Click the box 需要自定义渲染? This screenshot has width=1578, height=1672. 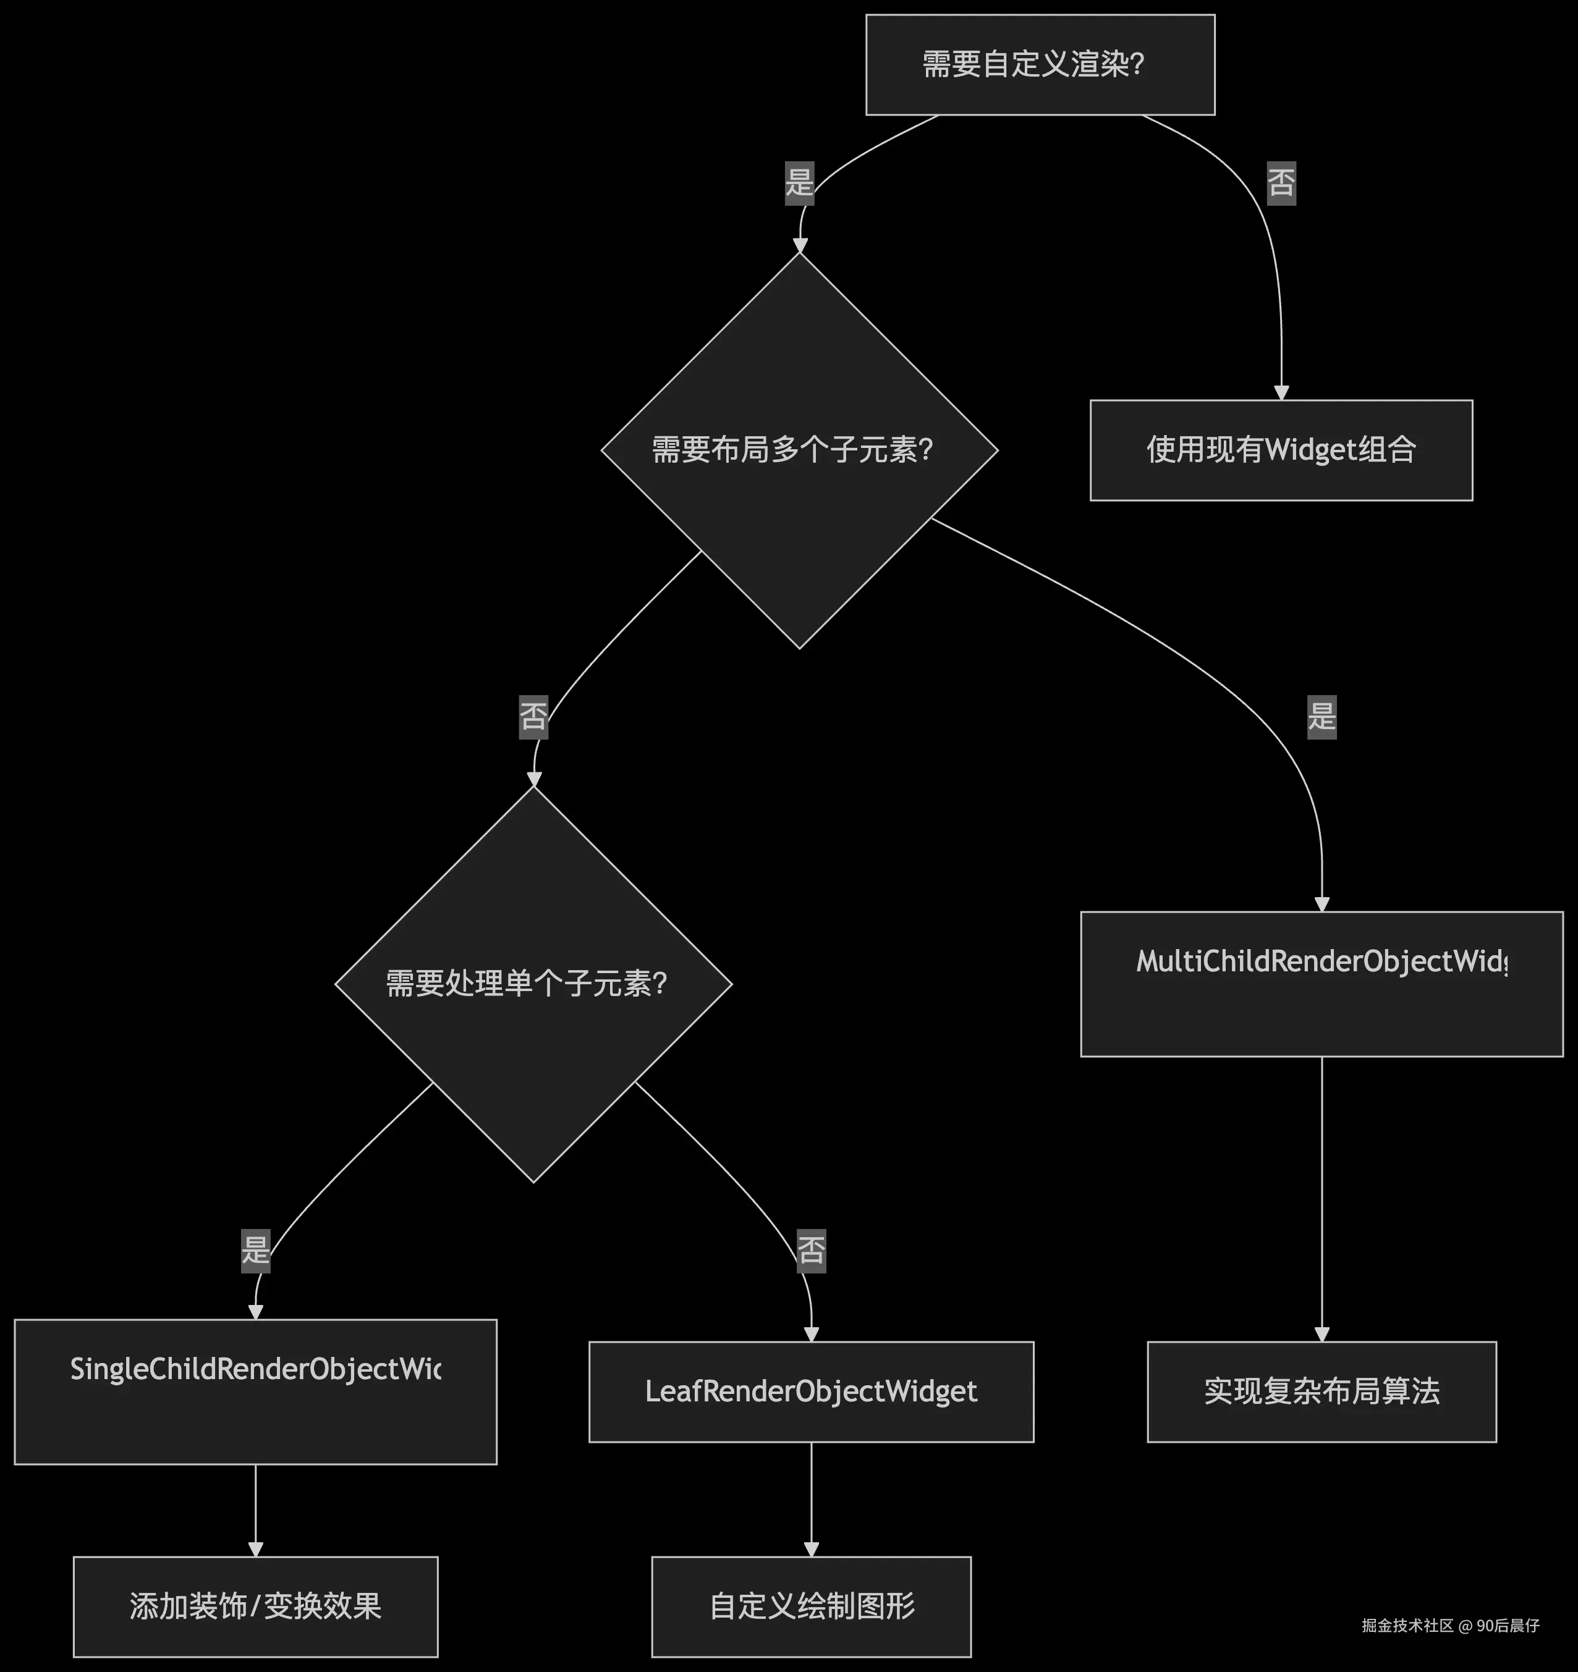pos(1040,65)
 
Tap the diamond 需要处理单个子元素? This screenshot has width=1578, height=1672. pos(533,984)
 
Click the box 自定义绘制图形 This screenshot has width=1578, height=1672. pos(811,1607)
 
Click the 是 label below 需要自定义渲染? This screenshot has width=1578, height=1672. pos(799,182)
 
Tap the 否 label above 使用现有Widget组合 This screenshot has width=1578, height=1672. pos(1281,182)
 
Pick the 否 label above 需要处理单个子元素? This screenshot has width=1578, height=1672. pos(533,717)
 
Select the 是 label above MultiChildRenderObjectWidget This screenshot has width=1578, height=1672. pos(1321,717)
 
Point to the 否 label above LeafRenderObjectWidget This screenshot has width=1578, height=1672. pos(811,1250)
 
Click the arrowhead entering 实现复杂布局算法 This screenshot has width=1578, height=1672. pos(1321,1334)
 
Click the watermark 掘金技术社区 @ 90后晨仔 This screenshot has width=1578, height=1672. pos(1450,1625)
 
